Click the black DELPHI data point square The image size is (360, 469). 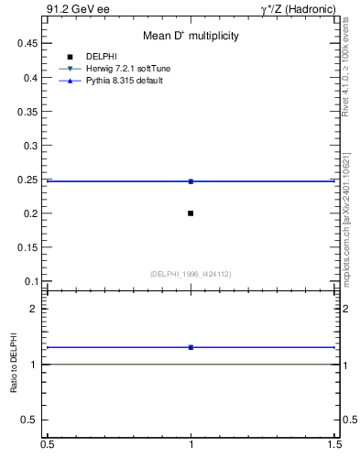point(191,213)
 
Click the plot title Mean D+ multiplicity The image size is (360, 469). point(191,36)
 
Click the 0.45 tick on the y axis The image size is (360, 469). point(28,43)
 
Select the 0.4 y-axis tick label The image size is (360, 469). point(31,77)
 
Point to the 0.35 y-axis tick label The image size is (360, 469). point(28,112)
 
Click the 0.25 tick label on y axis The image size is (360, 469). point(28,180)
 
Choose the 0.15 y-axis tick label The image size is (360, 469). point(28,247)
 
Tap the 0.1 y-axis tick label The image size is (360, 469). point(31,281)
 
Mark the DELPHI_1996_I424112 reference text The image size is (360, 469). point(191,274)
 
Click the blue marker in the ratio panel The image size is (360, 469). point(191,347)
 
